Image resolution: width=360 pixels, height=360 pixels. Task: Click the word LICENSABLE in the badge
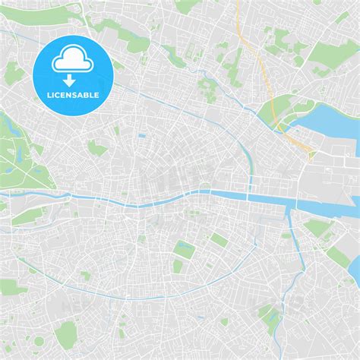pyautogui.click(x=74, y=95)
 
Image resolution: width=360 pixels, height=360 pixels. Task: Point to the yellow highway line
pyautogui.click(x=258, y=68)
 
